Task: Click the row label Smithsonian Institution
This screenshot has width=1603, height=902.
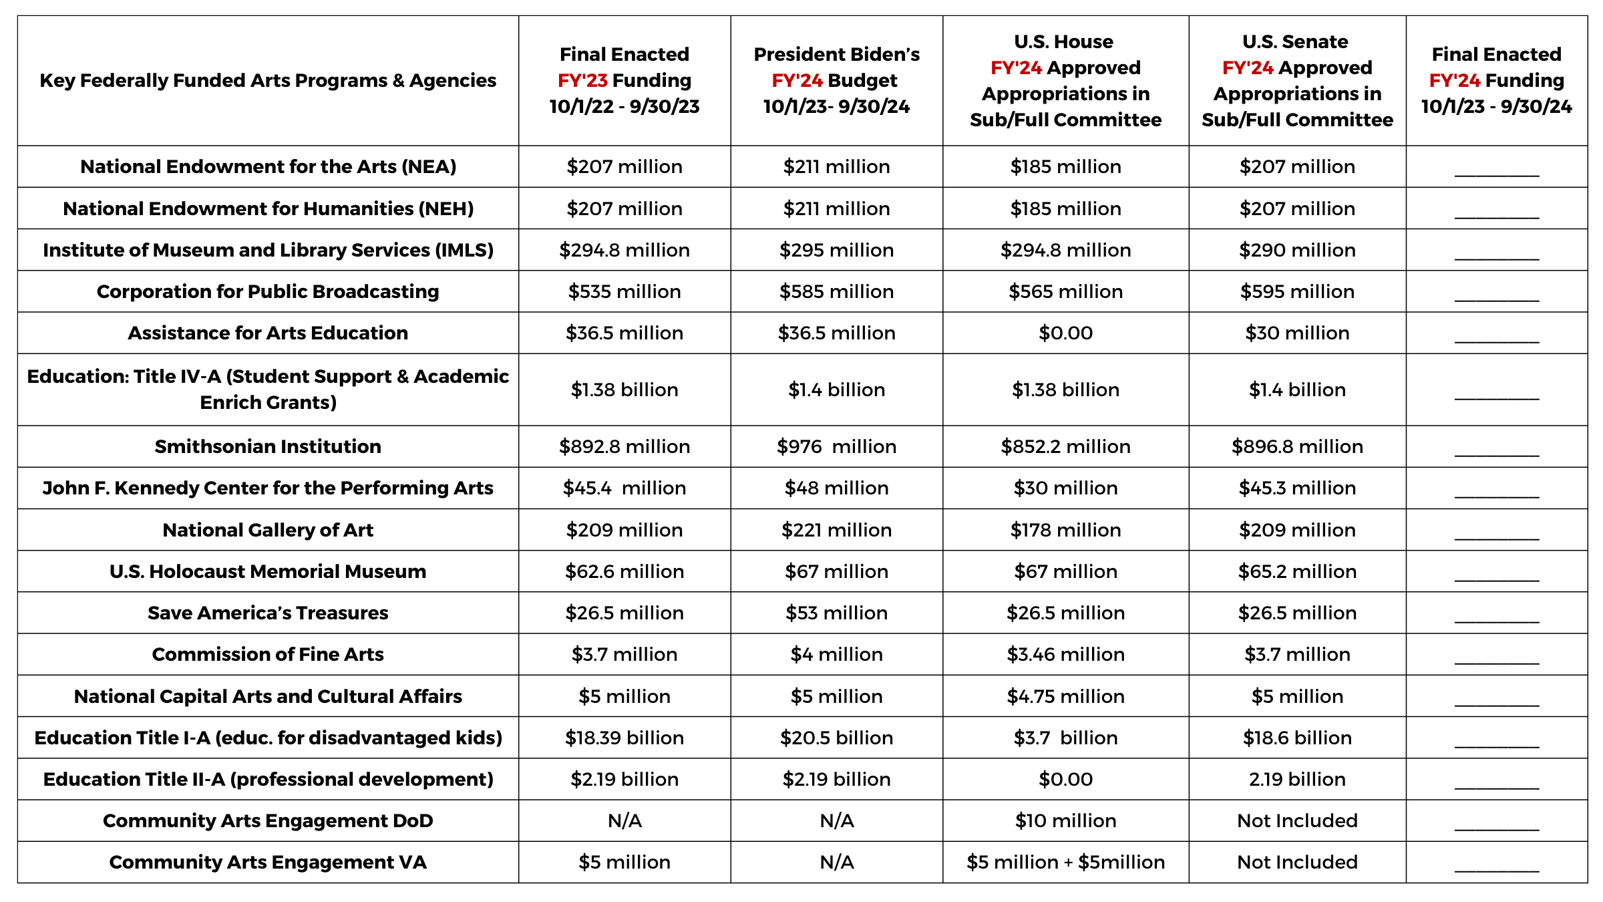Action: point(268,446)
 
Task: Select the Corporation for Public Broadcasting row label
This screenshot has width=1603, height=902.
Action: point(268,291)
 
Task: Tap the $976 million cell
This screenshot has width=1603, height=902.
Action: point(836,446)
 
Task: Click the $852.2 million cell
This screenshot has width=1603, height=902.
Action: point(1065,446)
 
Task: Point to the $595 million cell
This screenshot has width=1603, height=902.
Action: point(1297,291)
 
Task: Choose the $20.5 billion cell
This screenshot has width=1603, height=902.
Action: point(836,738)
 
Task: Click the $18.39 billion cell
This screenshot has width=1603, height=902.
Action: point(625,738)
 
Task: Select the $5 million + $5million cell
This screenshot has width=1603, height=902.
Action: point(1065,862)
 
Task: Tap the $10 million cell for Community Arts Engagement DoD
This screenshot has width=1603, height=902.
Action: point(1065,820)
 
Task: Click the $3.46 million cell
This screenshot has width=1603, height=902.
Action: point(1065,654)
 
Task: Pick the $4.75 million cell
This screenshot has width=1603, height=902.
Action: point(1065,696)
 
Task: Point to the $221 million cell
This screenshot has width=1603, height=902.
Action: point(836,530)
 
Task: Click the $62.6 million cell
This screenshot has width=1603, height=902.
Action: point(625,571)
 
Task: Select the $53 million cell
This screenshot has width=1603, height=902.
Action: point(836,613)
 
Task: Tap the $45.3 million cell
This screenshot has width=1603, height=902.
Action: point(1297,488)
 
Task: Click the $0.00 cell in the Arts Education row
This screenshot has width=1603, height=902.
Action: point(1065,333)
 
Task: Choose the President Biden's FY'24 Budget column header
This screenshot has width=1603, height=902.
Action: point(836,80)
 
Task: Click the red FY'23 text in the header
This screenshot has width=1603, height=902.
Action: point(582,80)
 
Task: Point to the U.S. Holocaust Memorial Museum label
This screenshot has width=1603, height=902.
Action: point(268,571)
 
